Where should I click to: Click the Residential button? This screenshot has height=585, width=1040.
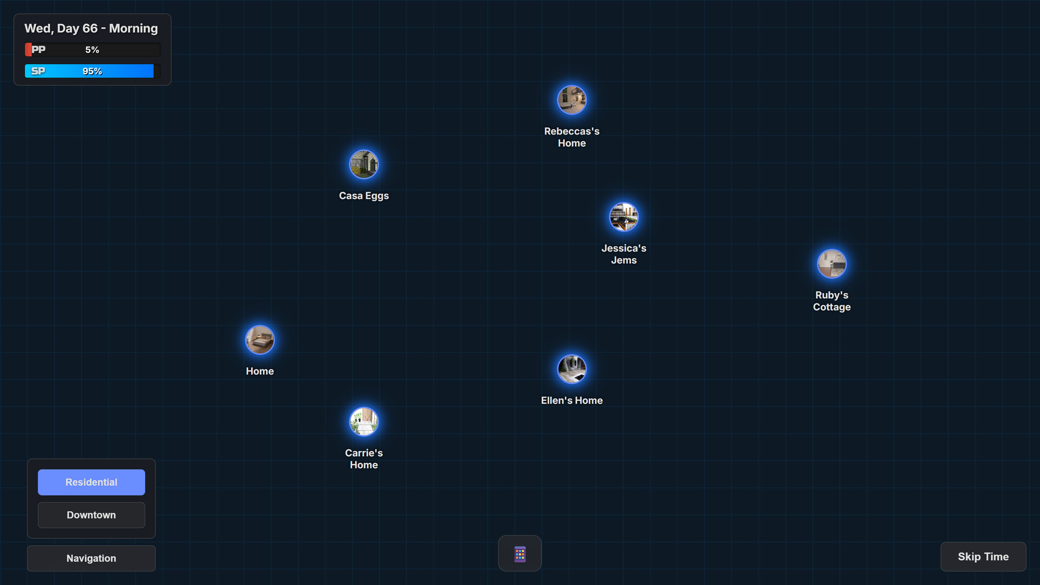pyautogui.click(x=91, y=482)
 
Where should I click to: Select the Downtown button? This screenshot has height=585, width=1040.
pyautogui.click(x=91, y=515)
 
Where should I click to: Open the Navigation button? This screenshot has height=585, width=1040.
pyautogui.click(x=91, y=558)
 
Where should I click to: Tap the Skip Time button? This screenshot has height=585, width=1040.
pyautogui.click(x=983, y=556)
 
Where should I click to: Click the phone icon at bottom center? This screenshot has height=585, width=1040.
pyautogui.click(x=519, y=554)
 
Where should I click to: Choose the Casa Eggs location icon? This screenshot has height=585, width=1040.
pyautogui.click(x=363, y=164)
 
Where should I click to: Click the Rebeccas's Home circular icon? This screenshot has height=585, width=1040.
pyautogui.click(x=571, y=100)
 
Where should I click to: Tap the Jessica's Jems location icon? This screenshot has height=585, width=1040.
pyautogui.click(x=623, y=217)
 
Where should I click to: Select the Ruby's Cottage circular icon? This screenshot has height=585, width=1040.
pyautogui.click(x=831, y=264)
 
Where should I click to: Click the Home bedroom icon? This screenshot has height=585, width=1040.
pyautogui.click(x=259, y=340)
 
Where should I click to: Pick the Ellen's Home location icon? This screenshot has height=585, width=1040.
pyautogui.click(x=571, y=369)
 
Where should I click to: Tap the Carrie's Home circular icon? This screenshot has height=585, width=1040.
pyautogui.click(x=363, y=421)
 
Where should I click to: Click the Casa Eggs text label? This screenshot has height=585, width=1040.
pyautogui.click(x=363, y=196)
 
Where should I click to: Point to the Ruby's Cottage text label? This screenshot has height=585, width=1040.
pyautogui.click(x=831, y=301)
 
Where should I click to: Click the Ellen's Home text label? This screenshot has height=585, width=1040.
pyautogui.click(x=571, y=400)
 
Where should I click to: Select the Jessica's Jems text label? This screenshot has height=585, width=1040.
pyautogui.click(x=623, y=254)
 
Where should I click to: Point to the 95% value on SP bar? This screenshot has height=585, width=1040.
pyautogui.click(x=92, y=71)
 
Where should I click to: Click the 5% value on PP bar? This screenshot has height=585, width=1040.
pyautogui.click(x=92, y=50)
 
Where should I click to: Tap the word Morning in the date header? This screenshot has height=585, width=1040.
pyautogui.click(x=133, y=28)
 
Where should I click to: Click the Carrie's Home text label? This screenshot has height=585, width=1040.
pyautogui.click(x=363, y=459)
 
